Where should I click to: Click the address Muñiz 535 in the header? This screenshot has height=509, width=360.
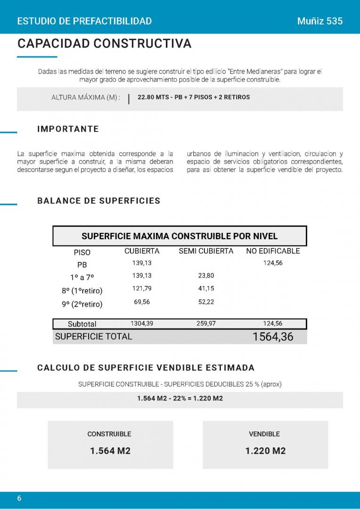[x=320, y=21]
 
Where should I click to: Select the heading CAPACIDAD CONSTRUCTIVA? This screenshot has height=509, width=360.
[x=104, y=44]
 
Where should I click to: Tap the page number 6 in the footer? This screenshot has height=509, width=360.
[x=19, y=499]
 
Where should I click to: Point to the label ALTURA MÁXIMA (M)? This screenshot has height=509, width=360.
[x=86, y=98]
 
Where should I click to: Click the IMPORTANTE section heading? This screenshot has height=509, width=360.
[x=68, y=129]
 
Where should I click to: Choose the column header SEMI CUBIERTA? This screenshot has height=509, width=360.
[x=206, y=251]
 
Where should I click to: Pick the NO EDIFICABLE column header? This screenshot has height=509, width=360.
[x=273, y=251]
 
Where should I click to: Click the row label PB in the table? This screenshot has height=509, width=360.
[x=82, y=265]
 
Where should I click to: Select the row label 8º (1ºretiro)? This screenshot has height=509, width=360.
[x=82, y=290]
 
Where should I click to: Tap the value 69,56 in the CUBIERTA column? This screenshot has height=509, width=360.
[x=142, y=302]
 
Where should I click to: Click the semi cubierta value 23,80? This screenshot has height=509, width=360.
[x=206, y=276]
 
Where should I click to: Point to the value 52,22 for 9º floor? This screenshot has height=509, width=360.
[x=206, y=302]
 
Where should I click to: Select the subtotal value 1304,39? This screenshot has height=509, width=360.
[x=142, y=324]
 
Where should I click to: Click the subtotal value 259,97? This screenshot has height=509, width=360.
[x=206, y=324]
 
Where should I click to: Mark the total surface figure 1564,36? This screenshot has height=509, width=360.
[x=273, y=337]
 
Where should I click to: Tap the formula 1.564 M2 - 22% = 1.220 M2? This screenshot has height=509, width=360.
[x=180, y=398]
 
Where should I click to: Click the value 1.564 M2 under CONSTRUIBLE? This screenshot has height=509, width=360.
[x=110, y=451]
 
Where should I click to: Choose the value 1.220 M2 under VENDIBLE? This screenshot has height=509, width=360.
[x=265, y=451]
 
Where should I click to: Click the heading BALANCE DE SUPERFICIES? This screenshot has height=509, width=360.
[x=98, y=201]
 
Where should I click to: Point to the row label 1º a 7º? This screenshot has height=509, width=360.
[x=82, y=278]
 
